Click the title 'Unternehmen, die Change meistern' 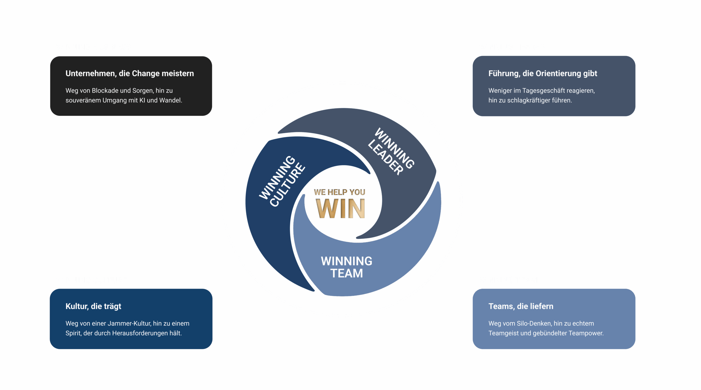point(130,73)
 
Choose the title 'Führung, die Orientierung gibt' point(542,73)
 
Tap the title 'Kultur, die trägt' point(93,306)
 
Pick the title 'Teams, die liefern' point(521,306)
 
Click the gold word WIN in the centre point(340,208)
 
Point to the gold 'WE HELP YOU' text point(340,192)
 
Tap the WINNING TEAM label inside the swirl point(346,267)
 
